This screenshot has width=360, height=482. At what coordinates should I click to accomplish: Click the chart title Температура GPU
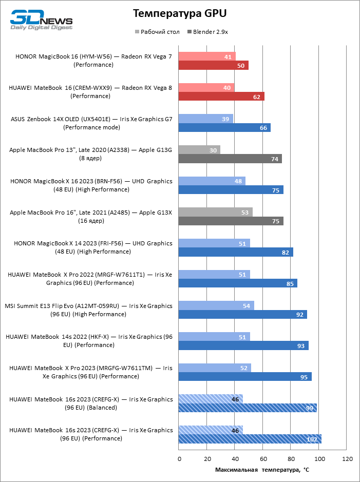coord(179,13)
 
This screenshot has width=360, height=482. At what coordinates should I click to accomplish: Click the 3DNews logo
coord(42,20)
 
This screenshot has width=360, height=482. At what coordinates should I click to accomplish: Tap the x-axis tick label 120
coord(348,458)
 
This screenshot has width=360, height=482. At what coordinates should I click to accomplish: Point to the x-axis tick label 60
coord(263,458)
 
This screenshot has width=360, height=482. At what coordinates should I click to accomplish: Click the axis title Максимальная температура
coord(262,470)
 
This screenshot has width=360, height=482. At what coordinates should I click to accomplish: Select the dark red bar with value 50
coord(213,66)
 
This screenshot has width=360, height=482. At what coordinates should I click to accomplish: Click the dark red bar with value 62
coord(221,97)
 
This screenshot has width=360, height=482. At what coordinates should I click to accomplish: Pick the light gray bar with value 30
coord(199,150)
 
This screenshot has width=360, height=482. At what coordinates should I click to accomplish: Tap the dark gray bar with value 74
coord(230,159)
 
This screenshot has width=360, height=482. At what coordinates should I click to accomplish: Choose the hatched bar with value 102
coord(250,439)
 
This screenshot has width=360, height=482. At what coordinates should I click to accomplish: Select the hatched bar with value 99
coord(248,408)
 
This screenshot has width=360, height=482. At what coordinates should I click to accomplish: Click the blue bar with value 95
coord(245,377)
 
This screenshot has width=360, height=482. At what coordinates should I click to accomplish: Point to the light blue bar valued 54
coord(216,305)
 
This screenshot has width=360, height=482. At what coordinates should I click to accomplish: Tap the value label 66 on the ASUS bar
coord(264,128)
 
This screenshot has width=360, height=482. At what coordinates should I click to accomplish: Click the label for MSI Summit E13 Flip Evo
coord(88,310)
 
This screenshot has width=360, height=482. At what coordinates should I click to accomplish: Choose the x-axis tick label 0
coord(179,458)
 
